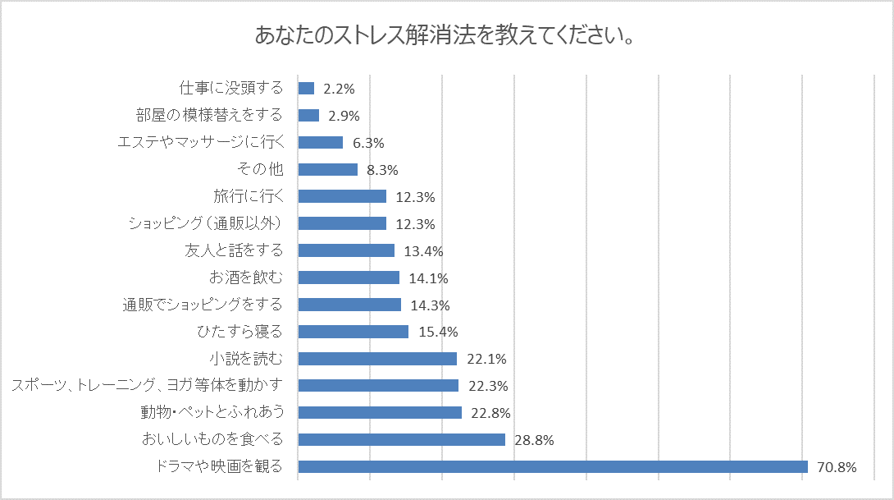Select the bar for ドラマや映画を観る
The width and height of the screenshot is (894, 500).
click(x=553, y=467)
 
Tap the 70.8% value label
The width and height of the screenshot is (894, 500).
click(x=837, y=467)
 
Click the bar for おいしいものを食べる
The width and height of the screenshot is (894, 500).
click(x=401, y=440)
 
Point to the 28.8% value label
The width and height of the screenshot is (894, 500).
click(x=534, y=440)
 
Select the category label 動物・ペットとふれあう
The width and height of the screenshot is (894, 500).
click(x=212, y=412)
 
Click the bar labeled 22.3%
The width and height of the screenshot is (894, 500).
click(x=378, y=385)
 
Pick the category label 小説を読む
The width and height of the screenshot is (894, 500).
click(x=246, y=358)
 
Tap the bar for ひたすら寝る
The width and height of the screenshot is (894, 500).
click(x=353, y=332)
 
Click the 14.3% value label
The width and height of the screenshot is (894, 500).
click(x=430, y=305)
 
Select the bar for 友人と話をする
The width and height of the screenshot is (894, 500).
click(x=346, y=250)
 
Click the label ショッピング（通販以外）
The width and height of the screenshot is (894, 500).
click(x=206, y=223)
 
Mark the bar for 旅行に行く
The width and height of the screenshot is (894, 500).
click(x=342, y=196)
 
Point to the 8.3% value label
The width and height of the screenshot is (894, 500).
click(x=382, y=170)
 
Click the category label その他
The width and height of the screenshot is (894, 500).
click(x=259, y=170)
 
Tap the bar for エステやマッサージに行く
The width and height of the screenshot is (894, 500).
click(x=320, y=142)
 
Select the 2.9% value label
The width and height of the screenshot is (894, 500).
click(x=344, y=116)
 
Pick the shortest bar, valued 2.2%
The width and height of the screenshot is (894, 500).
click(x=306, y=88)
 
